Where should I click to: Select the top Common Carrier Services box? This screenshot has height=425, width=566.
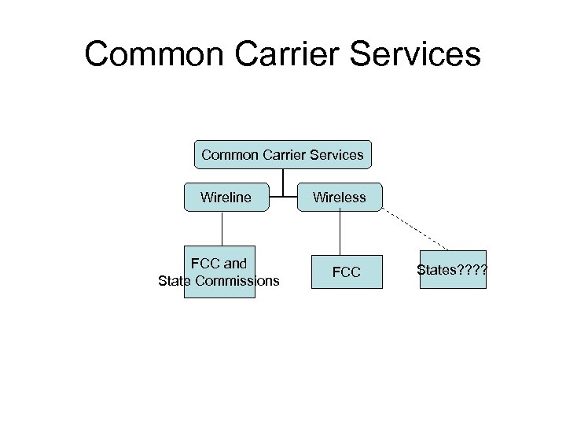click(282, 155)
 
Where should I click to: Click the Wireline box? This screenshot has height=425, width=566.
click(226, 198)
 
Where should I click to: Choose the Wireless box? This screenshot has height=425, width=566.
click(340, 198)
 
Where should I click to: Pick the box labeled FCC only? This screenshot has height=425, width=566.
click(346, 272)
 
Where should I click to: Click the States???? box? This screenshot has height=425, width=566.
click(453, 270)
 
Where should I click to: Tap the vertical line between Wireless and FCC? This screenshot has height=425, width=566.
click(340, 233)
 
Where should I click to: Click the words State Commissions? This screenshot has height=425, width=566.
click(219, 280)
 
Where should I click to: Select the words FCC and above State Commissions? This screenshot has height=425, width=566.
click(219, 264)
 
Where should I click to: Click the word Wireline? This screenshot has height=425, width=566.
click(226, 198)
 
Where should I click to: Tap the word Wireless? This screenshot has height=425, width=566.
click(340, 198)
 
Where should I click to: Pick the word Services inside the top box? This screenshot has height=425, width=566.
click(336, 155)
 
